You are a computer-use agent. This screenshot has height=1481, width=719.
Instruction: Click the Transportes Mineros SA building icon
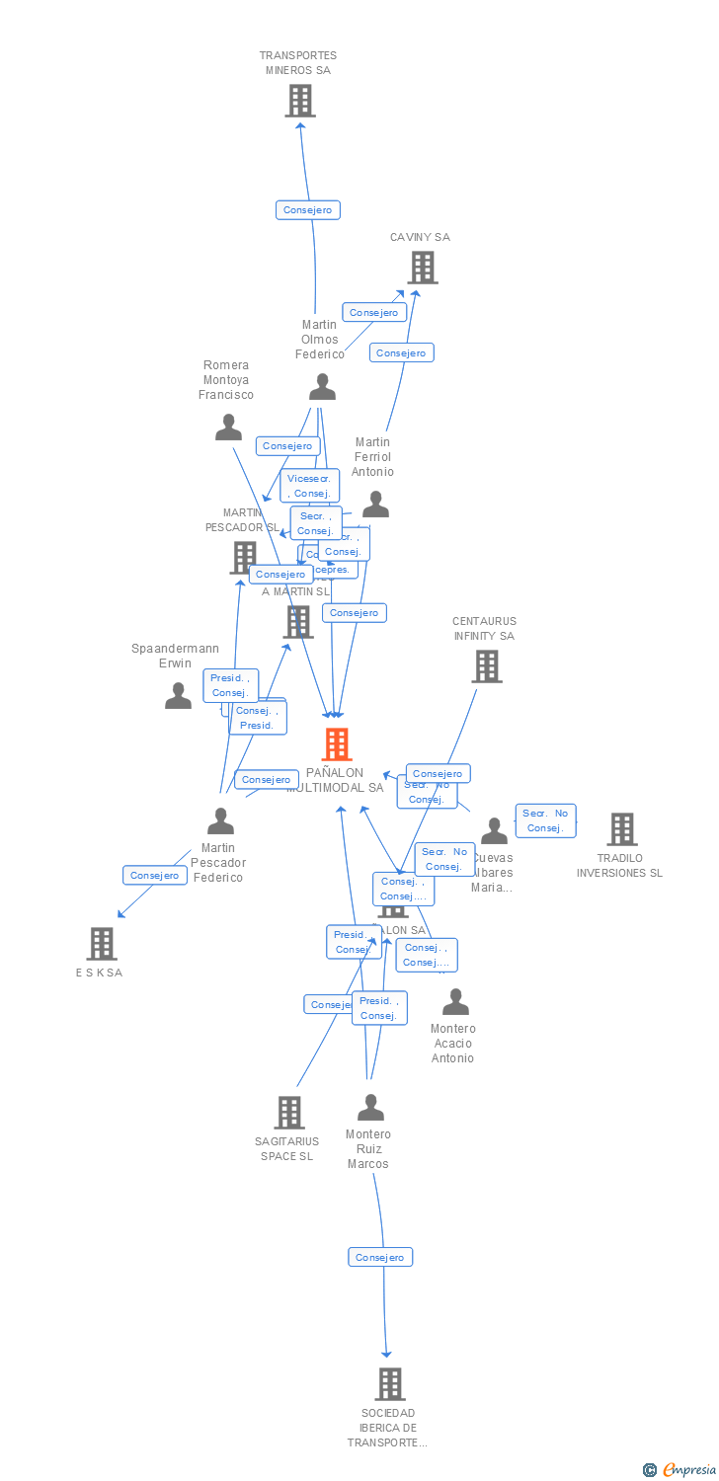pos(299,101)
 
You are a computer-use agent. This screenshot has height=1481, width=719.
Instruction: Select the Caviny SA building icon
pos(422,268)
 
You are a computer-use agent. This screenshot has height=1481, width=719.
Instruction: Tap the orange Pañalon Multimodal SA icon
pos(337,744)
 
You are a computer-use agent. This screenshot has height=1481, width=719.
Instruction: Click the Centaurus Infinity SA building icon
pos(486,666)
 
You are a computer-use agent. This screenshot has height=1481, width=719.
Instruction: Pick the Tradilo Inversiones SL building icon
pos(621,829)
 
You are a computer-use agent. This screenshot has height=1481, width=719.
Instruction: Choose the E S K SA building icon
pos(101,944)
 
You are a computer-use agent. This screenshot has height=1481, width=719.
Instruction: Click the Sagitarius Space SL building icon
pos(288,1113)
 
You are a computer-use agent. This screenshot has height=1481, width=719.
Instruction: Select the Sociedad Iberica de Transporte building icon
pos(390,1384)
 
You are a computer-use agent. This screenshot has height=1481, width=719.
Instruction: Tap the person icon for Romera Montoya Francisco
pos(228,428)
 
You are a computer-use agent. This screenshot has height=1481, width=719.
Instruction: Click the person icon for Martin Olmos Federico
pos(322,387)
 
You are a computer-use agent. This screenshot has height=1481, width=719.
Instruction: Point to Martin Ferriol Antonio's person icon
pos(375,505)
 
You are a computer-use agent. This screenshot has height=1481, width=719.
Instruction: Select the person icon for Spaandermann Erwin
pos(178,696)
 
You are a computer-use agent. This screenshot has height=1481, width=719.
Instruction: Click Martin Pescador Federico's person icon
pos(220,820)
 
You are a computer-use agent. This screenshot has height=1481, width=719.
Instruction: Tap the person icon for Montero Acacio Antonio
pos(455,1002)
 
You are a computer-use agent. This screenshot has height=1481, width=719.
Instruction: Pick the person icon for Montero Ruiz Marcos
pos(370,1108)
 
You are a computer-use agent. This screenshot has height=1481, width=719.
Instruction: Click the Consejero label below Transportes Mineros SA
pos(308,209)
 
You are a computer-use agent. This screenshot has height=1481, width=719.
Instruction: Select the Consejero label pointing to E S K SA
pos(155,875)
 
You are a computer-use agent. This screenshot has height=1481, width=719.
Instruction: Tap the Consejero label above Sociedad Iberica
pos(380,1257)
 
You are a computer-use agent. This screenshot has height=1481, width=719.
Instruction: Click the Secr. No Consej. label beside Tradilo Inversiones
pos(545,820)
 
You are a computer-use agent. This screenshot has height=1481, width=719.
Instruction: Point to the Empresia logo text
pos(688,1470)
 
